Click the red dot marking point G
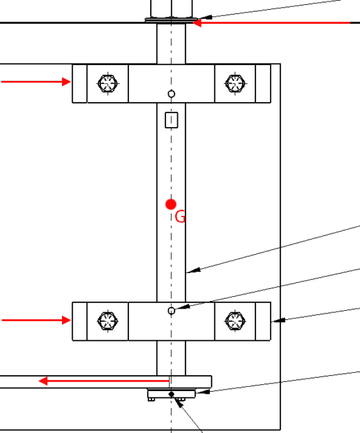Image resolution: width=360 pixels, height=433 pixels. point(171,205)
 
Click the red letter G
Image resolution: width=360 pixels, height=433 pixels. point(180,216)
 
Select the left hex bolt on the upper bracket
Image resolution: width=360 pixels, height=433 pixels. point(108,83)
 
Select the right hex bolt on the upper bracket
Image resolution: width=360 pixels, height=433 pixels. point(235,83)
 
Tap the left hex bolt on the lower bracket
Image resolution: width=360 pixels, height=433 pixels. point(108,321)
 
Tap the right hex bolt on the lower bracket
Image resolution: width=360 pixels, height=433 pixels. point(235,321)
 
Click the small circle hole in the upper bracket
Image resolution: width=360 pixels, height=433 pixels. point(172,94)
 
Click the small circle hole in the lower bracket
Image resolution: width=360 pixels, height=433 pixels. point(172,311)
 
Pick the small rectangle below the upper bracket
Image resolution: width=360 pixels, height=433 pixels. point(172,120)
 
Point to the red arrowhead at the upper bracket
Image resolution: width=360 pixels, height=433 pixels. point(66,82)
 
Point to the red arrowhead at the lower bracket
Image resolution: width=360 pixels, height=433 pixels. point(66,321)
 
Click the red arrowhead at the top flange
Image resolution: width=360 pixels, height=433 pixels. point(197,22)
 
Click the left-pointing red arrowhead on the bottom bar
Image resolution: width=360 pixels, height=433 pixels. point(43,381)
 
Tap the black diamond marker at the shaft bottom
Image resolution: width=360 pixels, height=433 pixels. point(172,394)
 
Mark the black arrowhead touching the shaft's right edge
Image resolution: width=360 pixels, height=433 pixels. point(193,271)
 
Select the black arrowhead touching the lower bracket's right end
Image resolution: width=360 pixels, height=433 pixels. point(278,321)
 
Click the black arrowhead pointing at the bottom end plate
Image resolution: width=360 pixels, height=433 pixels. point(203,392)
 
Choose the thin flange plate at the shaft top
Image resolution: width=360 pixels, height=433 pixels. point(172,20)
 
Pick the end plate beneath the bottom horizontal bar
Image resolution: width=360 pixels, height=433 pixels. point(172,393)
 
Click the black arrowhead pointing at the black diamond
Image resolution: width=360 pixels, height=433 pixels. point(178,403)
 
